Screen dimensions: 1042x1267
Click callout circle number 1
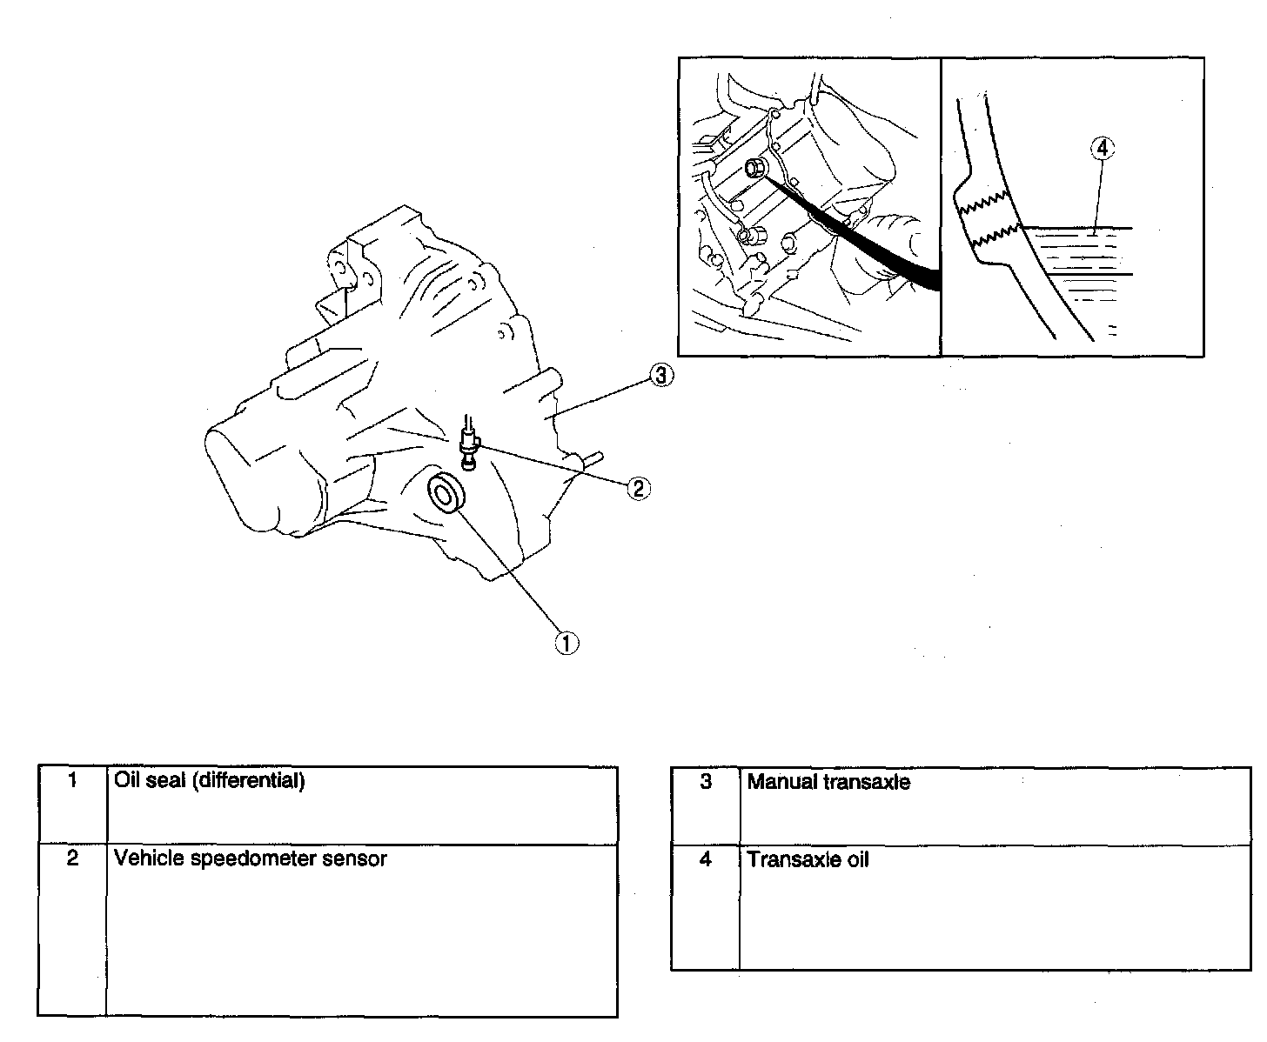click(567, 643)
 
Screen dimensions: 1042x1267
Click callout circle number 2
click(638, 489)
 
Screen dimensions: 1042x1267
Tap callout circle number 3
click(661, 376)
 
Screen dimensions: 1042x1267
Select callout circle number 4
click(1102, 149)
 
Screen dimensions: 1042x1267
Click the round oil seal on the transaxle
click(447, 495)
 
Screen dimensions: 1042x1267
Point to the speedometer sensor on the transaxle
click(470, 444)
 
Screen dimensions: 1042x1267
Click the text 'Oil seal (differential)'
click(210, 780)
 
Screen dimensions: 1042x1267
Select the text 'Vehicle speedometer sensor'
click(251, 858)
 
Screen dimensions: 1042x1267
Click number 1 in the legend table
click(73, 780)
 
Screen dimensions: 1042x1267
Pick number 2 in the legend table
click(73, 858)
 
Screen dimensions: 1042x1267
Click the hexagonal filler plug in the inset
click(755, 168)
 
